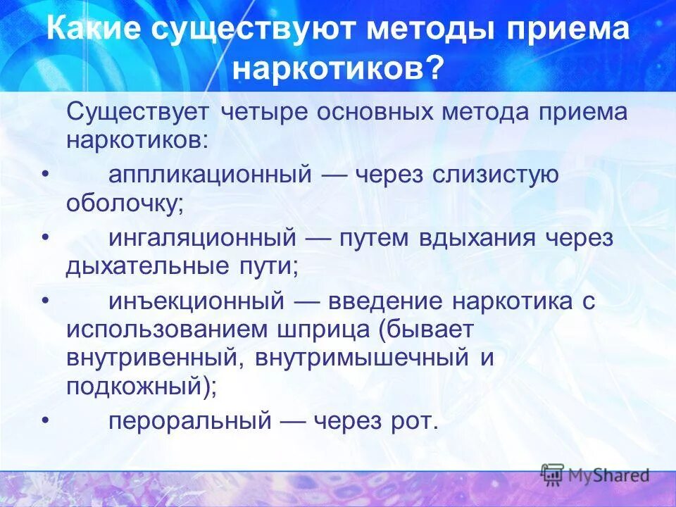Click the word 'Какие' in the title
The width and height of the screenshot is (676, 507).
pos(95,32)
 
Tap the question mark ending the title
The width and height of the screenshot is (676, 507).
pos(436,68)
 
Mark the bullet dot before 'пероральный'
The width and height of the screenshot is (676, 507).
pos(46,421)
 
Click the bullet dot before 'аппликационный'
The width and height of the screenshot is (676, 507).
pos(46,175)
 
